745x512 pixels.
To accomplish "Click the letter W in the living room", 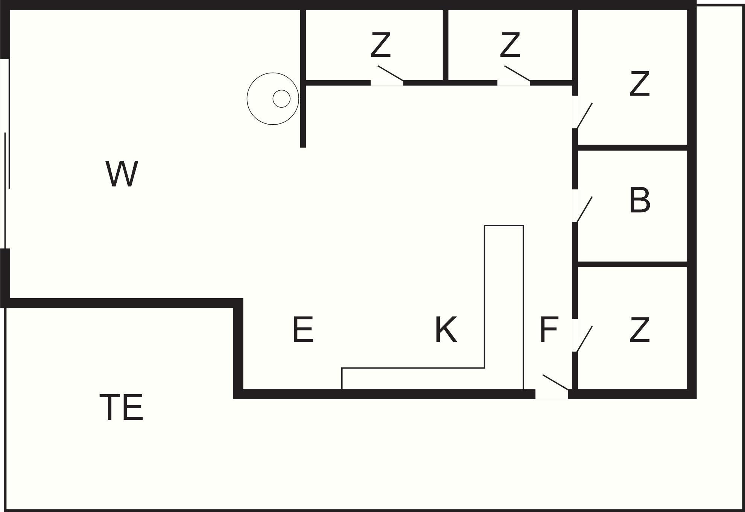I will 122,174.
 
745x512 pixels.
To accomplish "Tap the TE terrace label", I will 121,407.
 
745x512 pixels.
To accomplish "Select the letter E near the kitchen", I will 303,330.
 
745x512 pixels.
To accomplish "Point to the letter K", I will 446,330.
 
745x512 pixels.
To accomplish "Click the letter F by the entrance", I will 548,330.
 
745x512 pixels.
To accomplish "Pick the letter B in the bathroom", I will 640,200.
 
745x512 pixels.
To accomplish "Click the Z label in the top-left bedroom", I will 380,45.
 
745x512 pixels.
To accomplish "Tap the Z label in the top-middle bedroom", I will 510,45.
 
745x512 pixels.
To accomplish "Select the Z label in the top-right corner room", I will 640,84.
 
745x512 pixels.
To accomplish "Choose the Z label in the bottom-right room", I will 640,330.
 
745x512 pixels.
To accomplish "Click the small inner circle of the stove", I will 281,99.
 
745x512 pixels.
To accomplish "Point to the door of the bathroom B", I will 584,209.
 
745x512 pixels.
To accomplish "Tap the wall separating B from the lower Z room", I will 632,264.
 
